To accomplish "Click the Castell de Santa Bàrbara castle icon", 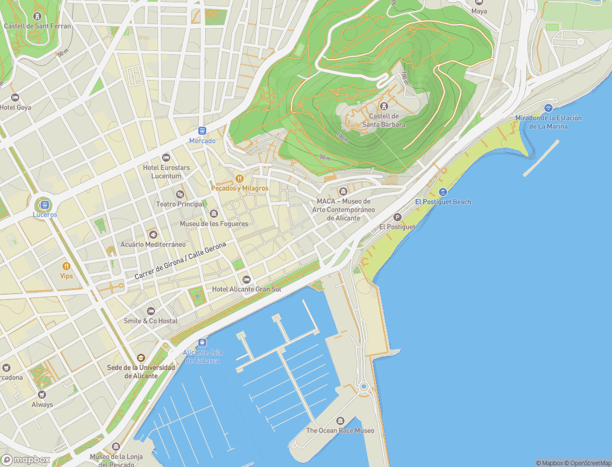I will [384, 106].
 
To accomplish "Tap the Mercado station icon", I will [202, 131].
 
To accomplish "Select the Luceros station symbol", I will [44, 204].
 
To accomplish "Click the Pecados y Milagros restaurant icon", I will [239, 179].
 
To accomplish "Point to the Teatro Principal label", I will [180, 204].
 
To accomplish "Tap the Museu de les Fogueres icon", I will [214, 214].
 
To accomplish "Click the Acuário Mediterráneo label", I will [153, 244].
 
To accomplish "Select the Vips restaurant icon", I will [66, 266].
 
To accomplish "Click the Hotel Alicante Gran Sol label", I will [247, 289].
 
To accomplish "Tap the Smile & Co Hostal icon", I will [151, 311].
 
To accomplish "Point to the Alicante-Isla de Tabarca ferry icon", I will [202, 342].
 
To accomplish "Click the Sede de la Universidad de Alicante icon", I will [140, 358].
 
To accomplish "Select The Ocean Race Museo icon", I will [340, 421].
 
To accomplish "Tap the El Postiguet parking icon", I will [398, 217].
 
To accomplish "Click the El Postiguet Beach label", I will [443, 202].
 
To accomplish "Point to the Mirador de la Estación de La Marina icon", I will [548, 108].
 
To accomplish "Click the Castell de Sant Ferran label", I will [37, 26].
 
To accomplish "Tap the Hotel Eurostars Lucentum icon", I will [166, 158].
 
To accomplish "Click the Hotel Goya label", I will [16, 107].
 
